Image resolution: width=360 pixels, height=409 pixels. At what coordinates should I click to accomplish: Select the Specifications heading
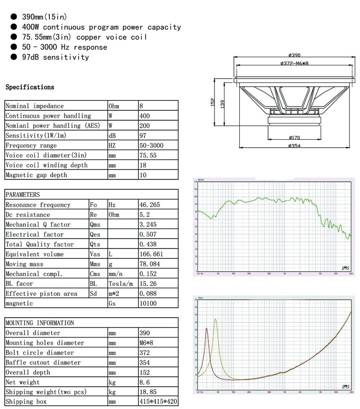click(x=30, y=87)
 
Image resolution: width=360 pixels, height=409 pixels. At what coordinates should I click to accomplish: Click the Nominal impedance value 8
click(x=142, y=106)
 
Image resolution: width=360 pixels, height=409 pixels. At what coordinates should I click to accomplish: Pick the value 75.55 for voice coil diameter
click(x=148, y=155)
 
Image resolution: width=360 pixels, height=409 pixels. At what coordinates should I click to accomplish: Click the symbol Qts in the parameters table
click(x=95, y=244)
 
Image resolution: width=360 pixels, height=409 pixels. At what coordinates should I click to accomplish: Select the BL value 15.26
click(x=148, y=284)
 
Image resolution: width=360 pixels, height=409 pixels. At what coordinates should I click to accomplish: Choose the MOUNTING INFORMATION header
click(x=40, y=323)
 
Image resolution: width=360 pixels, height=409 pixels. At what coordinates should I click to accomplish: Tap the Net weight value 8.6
click(x=144, y=382)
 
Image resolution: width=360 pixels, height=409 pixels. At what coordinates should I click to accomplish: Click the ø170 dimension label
click(x=294, y=138)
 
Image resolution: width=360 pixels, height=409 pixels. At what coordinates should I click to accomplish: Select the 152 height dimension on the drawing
click(x=213, y=102)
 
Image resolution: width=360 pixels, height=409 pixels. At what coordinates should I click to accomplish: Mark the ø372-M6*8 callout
click(x=294, y=63)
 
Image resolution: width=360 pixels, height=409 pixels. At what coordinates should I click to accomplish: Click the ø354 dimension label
click(x=294, y=146)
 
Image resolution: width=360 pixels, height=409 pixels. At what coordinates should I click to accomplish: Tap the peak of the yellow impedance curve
click(x=216, y=319)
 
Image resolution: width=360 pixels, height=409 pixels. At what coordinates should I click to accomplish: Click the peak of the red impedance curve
click(x=207, y=328)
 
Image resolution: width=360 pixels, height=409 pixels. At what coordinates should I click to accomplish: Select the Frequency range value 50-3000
click(x=152, y=145)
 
